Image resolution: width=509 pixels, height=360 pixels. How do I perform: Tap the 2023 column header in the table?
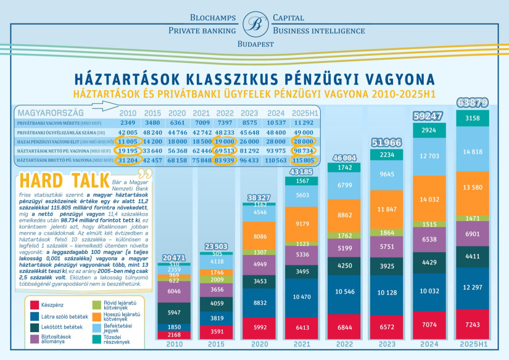pos(250,114)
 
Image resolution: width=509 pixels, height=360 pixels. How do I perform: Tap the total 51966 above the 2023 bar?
pos(381,143)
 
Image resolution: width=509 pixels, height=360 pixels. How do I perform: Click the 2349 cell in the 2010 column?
pos(128,122)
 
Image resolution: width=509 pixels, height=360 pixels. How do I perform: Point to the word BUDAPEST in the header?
pos(255,45)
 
